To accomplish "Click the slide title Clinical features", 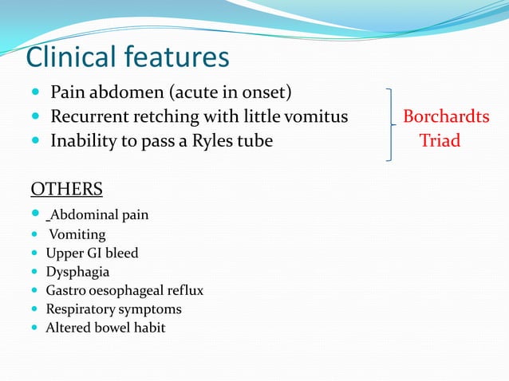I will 128,57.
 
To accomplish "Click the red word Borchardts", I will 446,117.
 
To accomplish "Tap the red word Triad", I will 440,141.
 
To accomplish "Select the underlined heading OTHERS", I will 66,189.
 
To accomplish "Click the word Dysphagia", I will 77,272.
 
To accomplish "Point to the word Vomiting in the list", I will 77,234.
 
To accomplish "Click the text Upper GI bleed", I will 92,253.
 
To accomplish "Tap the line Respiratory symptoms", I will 113,309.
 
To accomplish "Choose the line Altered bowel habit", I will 105,328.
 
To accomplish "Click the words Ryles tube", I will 235,141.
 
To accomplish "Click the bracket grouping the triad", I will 389,124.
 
